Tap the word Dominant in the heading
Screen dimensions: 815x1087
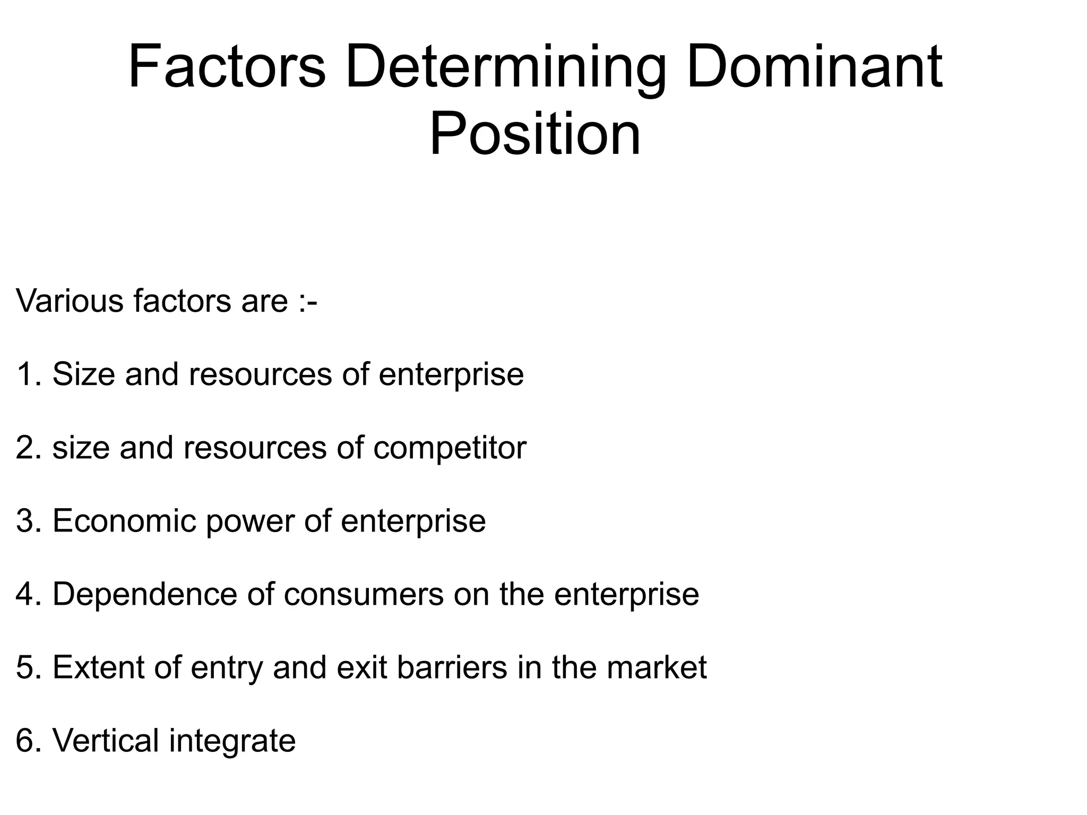point(814,68)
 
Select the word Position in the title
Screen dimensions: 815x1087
point(535,135)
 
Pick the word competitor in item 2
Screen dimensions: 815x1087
point(450,448)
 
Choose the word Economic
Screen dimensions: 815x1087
point(124,521)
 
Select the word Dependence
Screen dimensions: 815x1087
point(144,594)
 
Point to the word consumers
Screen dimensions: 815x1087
point(364,595)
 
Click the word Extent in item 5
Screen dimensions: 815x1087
point(98,667)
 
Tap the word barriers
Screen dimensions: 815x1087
point(452,667)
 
